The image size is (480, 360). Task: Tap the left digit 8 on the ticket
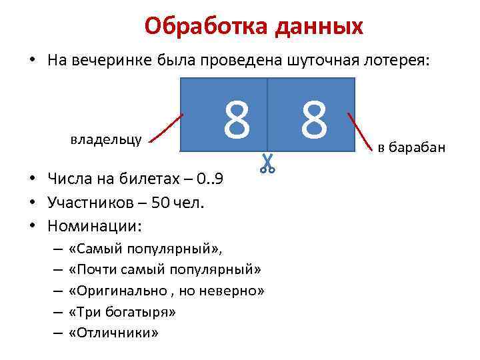tap(237, 121)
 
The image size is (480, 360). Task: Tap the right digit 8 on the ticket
tap(313, 121)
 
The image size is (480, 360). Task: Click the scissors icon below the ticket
tap(267, 163)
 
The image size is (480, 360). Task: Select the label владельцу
tap(105, 139)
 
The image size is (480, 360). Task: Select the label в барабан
tap(411, 147)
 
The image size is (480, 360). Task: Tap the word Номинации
tap(94, 226)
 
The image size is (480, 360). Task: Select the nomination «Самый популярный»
tap(147, 249)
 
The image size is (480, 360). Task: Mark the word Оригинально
tap(114, 291)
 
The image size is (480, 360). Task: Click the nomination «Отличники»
tap(114, 333)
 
